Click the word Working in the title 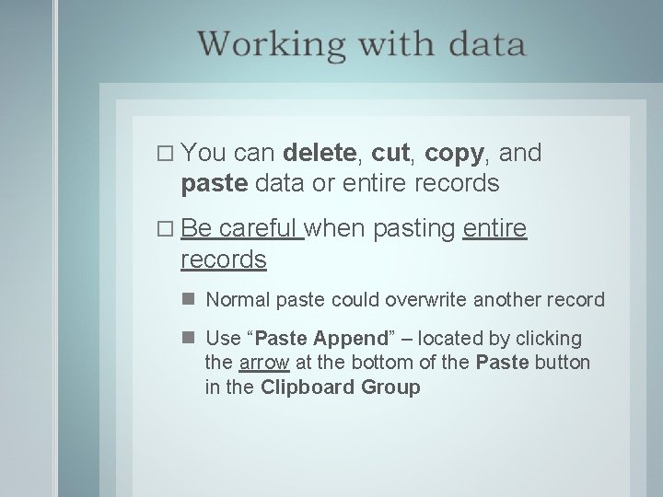click(x=267, y=43)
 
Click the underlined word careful click(x=262, y=228)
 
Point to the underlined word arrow click(x=264, y=363)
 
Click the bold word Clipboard click(x=304, y=387)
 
